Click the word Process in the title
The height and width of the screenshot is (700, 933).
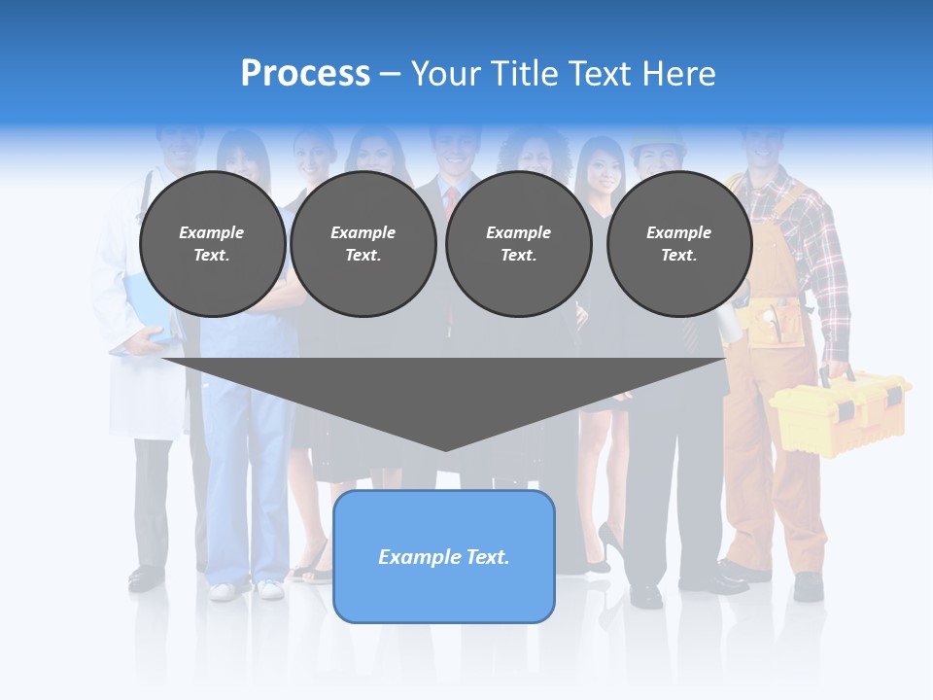click(305, 74)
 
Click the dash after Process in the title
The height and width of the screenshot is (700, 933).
click(390, 75)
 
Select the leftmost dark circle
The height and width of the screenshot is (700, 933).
click(213, 244)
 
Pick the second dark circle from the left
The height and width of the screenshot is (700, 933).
click(363, 244)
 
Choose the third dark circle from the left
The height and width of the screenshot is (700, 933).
click(518, 244)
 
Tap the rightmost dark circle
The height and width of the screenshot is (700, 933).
click(679, 244)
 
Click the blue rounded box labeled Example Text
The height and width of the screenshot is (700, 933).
click(444, 556)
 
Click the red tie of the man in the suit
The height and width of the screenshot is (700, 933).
click(452, 198)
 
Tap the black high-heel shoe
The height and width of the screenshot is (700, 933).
click(610, 540)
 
